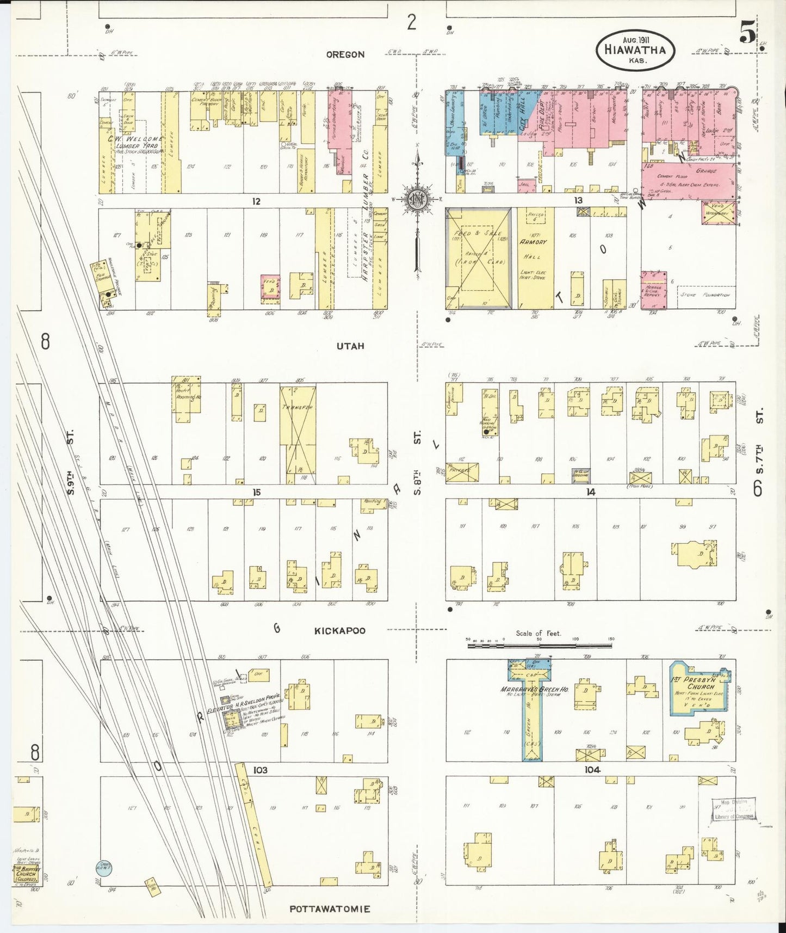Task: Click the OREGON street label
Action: [x=345, y=54]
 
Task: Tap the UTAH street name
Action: [x=350, y=346]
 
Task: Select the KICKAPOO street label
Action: [x=340, y=631]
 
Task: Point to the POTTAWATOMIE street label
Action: [x=330, y=909]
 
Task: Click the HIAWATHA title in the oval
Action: [x=635, y=50]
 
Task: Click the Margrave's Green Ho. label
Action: [x=534, y=689]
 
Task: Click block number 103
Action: [x=261, y=770]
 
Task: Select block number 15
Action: [x=256, y=492]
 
